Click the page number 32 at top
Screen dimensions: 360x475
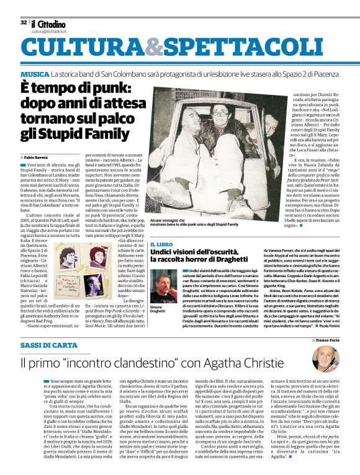(x=23, y=22)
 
